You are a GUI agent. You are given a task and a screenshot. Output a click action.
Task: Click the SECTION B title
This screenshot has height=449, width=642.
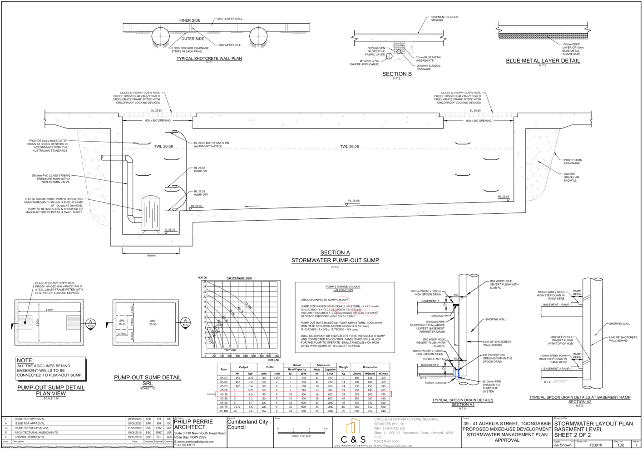pyautogui.click(x=397, y=74)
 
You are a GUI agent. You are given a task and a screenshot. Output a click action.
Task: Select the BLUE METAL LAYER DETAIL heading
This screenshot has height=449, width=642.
pyautogui.click(x=543, y=61)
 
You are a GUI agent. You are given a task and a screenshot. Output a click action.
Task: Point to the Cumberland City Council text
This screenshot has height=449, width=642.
pyautogui.click(x=248, y=424)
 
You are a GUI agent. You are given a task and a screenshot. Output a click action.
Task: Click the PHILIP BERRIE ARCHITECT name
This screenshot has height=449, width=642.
pyautogui.click(x=194, y=424)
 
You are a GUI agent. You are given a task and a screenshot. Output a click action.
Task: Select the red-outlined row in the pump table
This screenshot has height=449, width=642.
pyautogui.click(x=303, y=394)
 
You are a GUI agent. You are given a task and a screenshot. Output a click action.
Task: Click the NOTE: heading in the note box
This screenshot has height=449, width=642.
pyautogui.click(x=25, y=360)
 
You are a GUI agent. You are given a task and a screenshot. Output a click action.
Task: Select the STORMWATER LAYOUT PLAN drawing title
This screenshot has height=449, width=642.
pyautogui.click(x=593, y=424)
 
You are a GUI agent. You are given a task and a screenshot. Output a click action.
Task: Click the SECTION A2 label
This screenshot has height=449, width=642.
pyautogui.click(x=580, y=402)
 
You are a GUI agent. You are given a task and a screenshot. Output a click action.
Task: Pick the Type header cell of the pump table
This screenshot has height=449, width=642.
pyautogui.click(x=224, y=369)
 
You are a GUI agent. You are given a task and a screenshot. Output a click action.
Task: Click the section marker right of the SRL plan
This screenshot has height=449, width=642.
pyautogui.click(x=185, y=324)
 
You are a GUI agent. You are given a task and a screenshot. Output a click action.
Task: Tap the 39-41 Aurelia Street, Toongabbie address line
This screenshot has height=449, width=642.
pyautogui.click(x=507, y=424)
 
